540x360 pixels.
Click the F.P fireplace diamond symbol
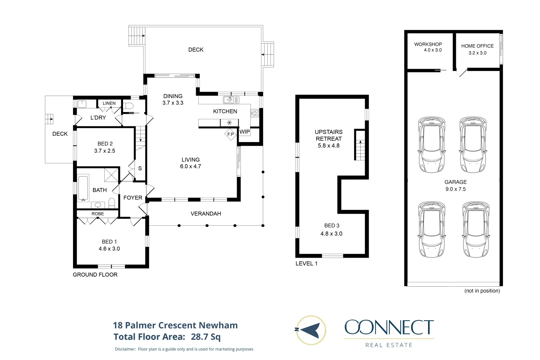click(230, 134)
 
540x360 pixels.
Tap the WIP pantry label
click(244, 132)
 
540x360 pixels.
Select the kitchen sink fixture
click(231, 100)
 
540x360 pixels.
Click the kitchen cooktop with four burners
click(255, 113)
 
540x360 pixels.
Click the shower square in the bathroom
click(111, 175)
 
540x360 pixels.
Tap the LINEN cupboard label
click(109, 103)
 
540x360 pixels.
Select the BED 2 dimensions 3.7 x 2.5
click(105, 151)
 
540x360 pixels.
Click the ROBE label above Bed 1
click(98, 214)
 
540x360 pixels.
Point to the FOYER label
click(133, 198)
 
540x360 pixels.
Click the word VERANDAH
click(206, 214)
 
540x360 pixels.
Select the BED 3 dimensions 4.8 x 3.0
click(331, 234)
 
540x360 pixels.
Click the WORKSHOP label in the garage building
click(428, 44)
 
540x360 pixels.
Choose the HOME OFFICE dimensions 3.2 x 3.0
click(477, 53)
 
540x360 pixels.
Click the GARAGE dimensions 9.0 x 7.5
click(455, 189)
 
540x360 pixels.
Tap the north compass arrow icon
click(311, 330)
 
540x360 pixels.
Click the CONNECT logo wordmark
click(389, 327)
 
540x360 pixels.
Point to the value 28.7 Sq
click(206, 337)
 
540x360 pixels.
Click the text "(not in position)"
click(482, 291)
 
